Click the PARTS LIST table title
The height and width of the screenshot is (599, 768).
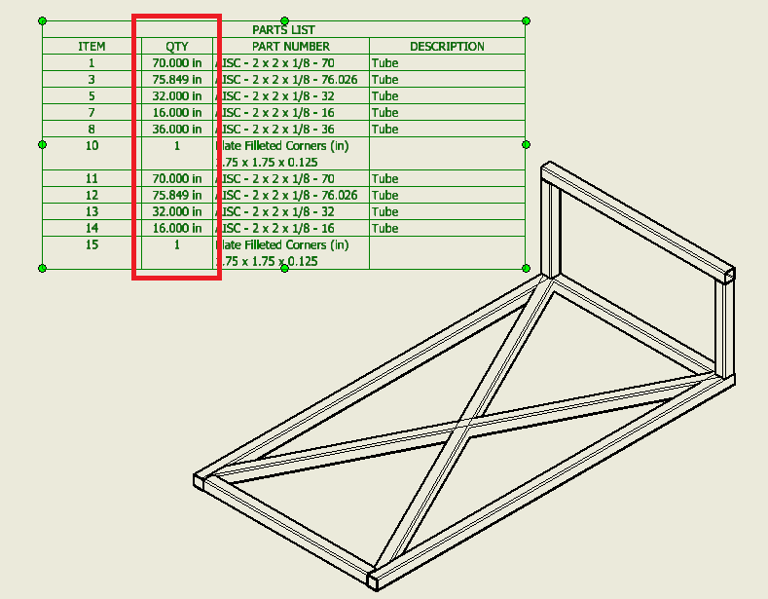283,30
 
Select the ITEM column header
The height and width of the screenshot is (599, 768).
91,47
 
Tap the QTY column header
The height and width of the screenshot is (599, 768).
176,47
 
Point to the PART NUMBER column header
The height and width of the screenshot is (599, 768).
290,47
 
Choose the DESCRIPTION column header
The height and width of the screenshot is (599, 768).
447,47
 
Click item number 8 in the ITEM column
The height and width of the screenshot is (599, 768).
91,129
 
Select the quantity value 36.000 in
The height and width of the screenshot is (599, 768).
176,129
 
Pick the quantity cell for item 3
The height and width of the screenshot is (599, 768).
176,80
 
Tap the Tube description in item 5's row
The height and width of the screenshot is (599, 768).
385,96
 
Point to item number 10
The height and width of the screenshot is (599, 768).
91,146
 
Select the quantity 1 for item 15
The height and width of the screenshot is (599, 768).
176,245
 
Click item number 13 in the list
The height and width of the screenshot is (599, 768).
91,211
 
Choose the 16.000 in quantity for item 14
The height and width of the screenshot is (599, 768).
176,228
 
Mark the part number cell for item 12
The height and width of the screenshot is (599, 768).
289,195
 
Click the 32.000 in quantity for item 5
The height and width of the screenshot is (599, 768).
176,96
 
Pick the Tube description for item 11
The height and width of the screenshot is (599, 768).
385,179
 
